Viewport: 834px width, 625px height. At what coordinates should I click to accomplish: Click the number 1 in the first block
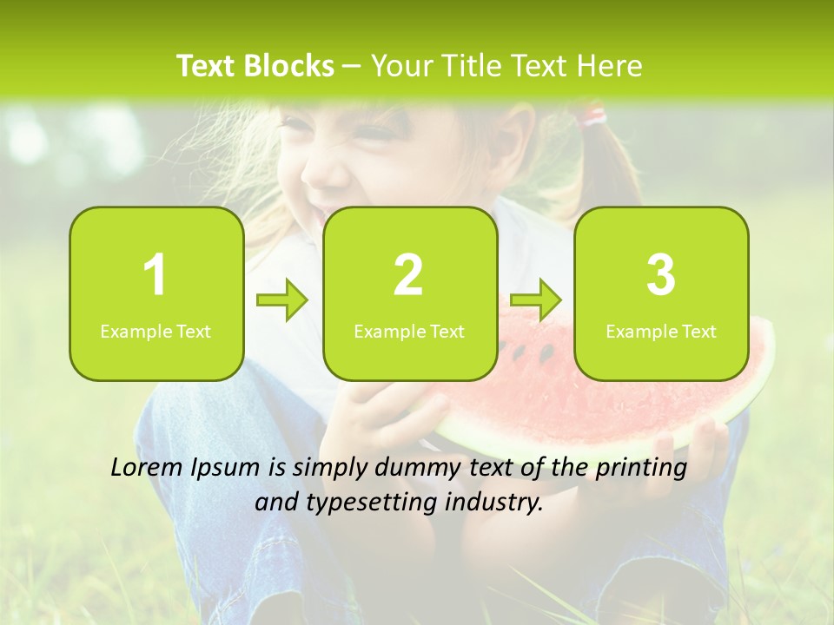pos(156,275)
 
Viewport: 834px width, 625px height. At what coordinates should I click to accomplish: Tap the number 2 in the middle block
pos(408,275)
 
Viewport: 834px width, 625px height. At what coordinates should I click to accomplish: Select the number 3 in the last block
pos(661,275)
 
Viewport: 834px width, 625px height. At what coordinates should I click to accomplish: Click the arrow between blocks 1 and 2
pos(282,301)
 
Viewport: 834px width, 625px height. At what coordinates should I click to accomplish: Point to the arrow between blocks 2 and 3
pos(536,301)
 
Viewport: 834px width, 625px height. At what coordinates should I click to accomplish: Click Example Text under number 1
pos(156,331)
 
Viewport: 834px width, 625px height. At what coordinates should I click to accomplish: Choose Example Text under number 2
pos(409,331)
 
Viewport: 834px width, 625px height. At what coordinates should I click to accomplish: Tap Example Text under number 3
pos(661,331)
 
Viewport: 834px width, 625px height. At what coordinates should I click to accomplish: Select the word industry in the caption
pos(502,502)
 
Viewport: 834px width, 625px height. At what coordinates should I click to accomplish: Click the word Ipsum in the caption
pos(225,469)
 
